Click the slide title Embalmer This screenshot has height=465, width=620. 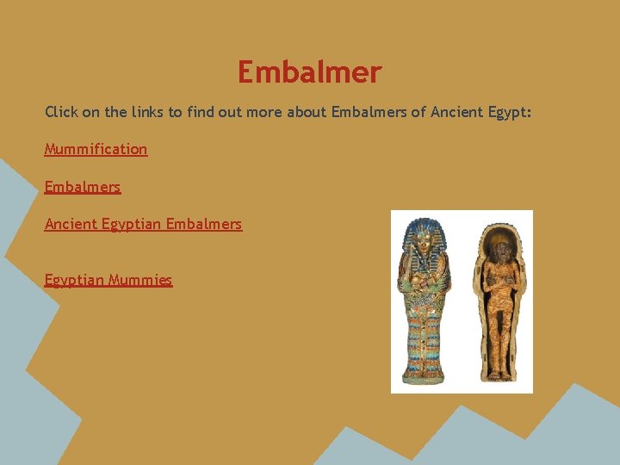point(309,72)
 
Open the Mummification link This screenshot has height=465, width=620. point(96,149)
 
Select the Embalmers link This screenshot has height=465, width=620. point(83,187)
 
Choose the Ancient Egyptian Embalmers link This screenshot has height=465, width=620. point(143,224)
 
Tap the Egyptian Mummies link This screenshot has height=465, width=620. point(108,280)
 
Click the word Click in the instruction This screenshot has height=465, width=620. point(60,112)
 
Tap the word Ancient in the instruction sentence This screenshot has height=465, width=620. point(456,112)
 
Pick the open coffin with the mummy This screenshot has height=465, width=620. point(500,301)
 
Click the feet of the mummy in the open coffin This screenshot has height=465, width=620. point(499,372)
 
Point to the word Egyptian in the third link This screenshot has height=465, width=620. point(131,224)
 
